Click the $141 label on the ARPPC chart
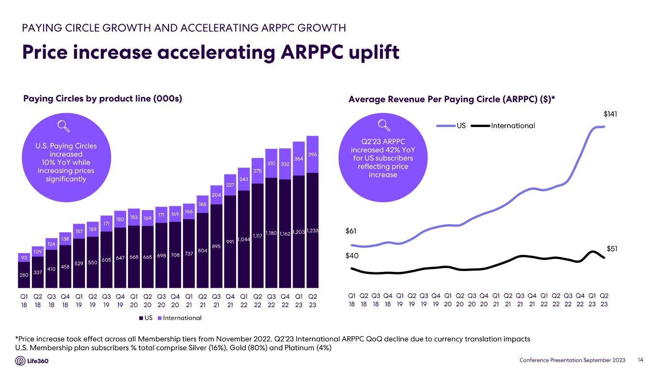611,114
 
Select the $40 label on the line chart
352,256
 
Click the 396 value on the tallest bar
312,154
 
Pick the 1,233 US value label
312,232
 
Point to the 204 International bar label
216,195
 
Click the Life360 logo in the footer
32,361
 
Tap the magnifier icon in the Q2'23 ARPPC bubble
384,125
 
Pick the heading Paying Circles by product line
102,99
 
